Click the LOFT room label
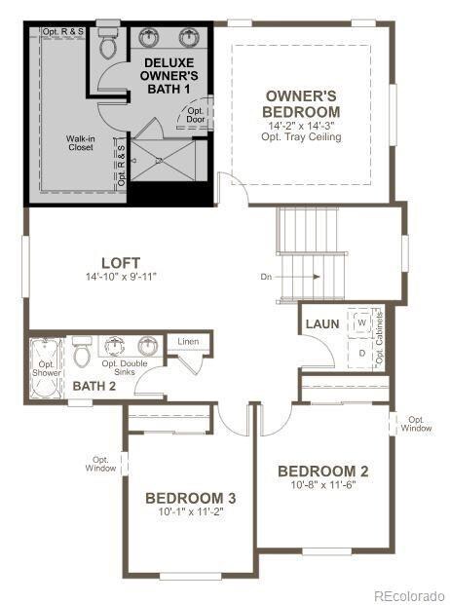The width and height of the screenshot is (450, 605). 121,263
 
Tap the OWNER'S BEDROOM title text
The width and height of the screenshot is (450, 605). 301,104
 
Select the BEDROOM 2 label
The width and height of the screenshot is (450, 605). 323,472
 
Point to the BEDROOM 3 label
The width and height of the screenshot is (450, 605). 191,498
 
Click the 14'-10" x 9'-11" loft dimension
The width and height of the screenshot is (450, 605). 121,277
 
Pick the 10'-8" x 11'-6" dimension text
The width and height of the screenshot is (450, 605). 323,484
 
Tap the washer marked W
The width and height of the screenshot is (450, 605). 361,322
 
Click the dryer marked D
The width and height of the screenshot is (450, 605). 361,353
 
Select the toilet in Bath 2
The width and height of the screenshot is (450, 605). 82,352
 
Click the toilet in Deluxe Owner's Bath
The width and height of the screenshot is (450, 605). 108,42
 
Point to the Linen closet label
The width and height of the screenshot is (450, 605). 189,342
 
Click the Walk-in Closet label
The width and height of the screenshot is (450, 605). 81,143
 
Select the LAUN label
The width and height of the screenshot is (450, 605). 322,324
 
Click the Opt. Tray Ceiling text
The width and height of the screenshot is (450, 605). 301,137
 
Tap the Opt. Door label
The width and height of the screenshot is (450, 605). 196,115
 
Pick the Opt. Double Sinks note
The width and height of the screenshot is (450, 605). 125,367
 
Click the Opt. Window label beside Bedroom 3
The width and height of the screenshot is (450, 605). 100,464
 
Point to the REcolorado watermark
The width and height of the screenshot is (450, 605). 409,595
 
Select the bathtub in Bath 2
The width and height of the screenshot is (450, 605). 47,368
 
